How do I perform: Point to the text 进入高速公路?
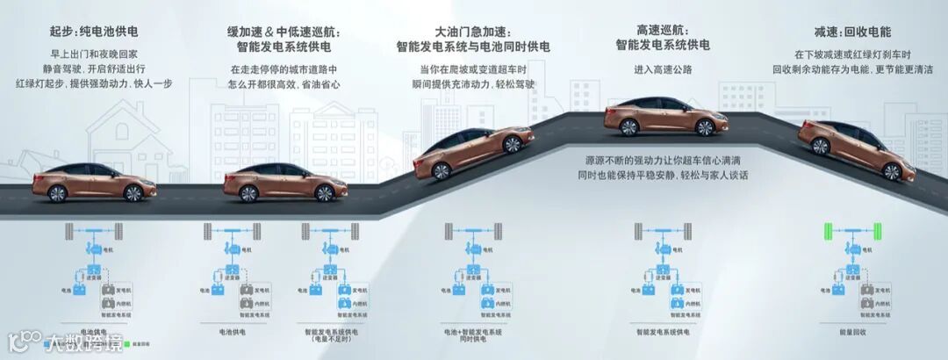[662, 68]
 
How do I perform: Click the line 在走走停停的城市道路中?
[284, 68]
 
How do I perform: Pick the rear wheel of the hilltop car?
[628, 127]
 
